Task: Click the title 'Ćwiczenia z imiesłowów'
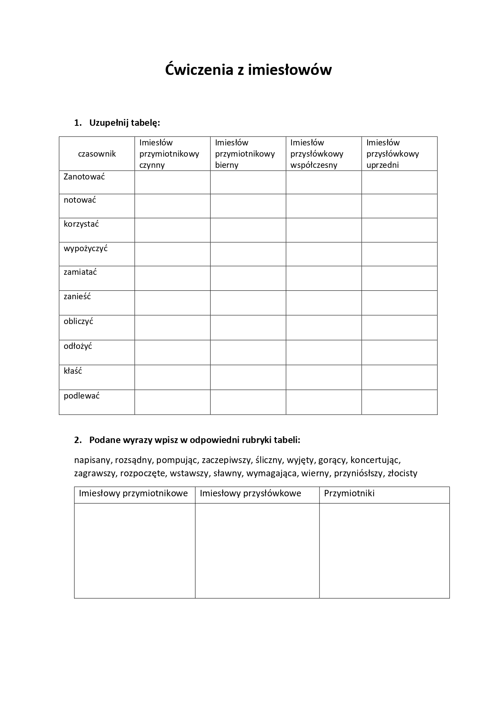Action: [248, 70]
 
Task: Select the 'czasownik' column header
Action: [97, 154]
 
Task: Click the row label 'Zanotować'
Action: [84, 177]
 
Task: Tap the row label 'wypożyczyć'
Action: [86, 248]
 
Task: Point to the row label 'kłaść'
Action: [73, 371]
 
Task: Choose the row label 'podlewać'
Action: [82, 396]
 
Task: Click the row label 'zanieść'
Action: [77, 296]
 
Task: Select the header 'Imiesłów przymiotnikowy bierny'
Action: [245, 154]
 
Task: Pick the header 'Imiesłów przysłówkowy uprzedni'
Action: [392, 154]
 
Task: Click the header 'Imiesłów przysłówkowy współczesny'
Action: [317, 154]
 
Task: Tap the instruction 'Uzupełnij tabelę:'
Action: [125, 123]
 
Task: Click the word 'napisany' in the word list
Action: [92, 460]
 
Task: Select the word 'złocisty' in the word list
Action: [402, 473]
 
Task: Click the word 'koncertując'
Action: [375, 460]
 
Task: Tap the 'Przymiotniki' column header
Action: [349, 493]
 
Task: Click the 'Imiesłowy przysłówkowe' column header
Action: [250, 493]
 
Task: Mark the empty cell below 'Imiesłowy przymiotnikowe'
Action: [135, 550]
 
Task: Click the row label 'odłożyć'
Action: [78, 346]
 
